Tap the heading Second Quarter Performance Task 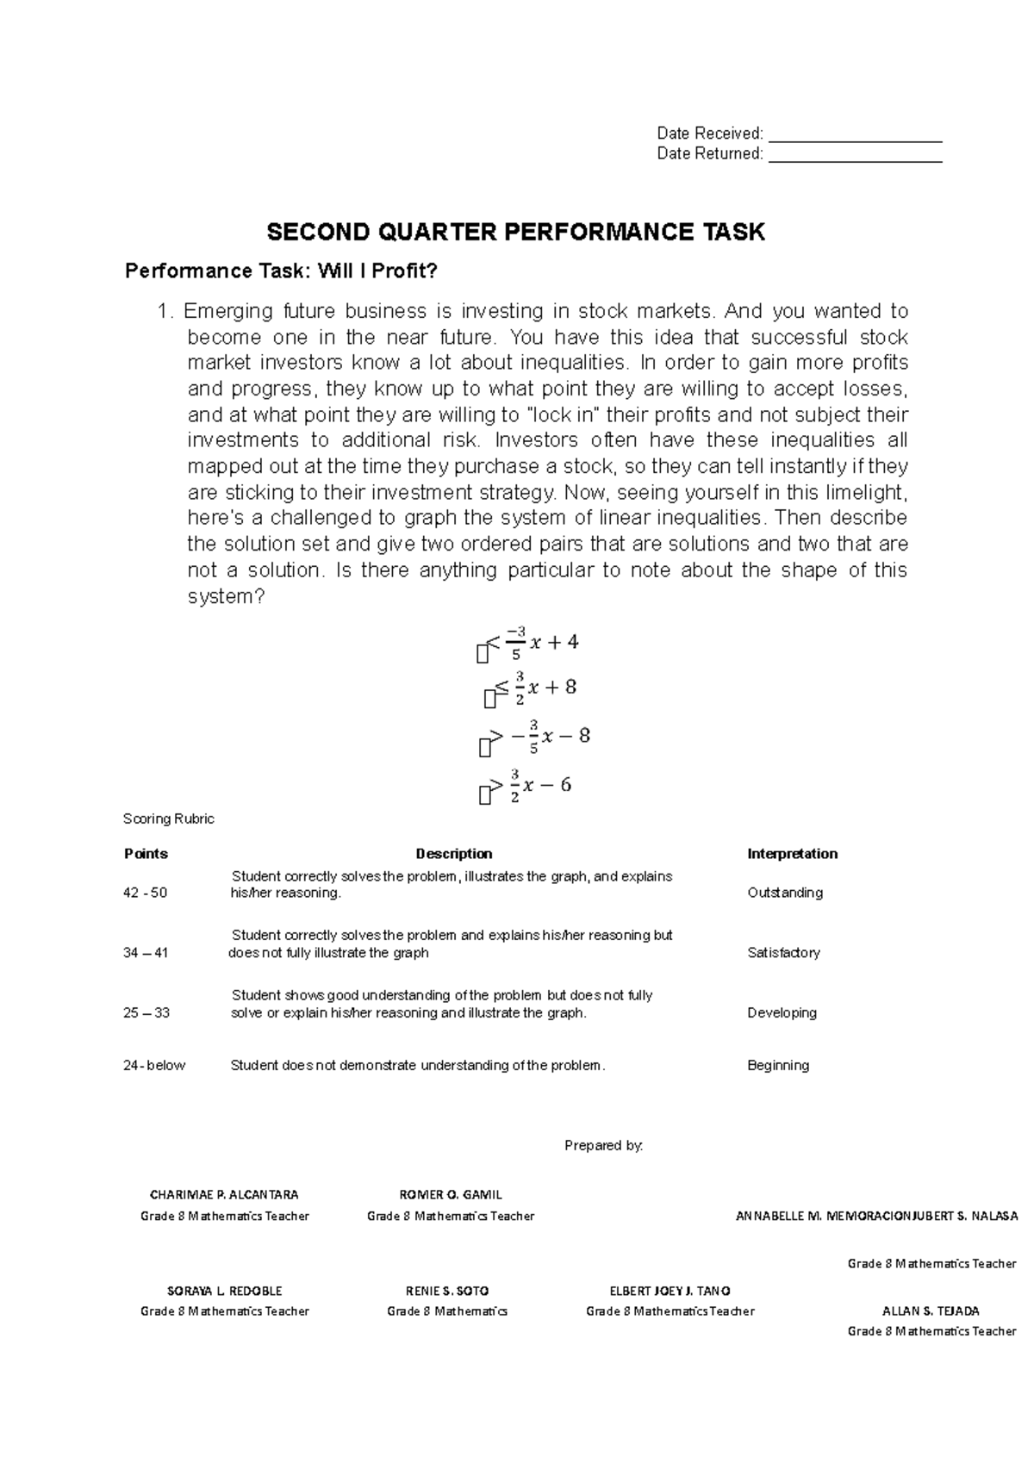(x=515, y=232)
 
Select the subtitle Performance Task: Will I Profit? (x=282, y=272)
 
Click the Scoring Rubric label (x=169, y=819)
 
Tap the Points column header (x=146, y=854)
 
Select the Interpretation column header (x=792, y=854)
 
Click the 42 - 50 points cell (x=145, y=893)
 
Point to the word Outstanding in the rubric (x=785, y=893)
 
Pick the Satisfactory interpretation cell (x=783, y=953)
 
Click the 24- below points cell (x=154, y=1066)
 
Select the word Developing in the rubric (x=782, y=1013)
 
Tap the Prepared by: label (x=603, y=1145)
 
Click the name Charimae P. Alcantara (x=224, y=1195)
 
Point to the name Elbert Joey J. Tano (x=670, y=1292)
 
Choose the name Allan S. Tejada (x=931, y=1311)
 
